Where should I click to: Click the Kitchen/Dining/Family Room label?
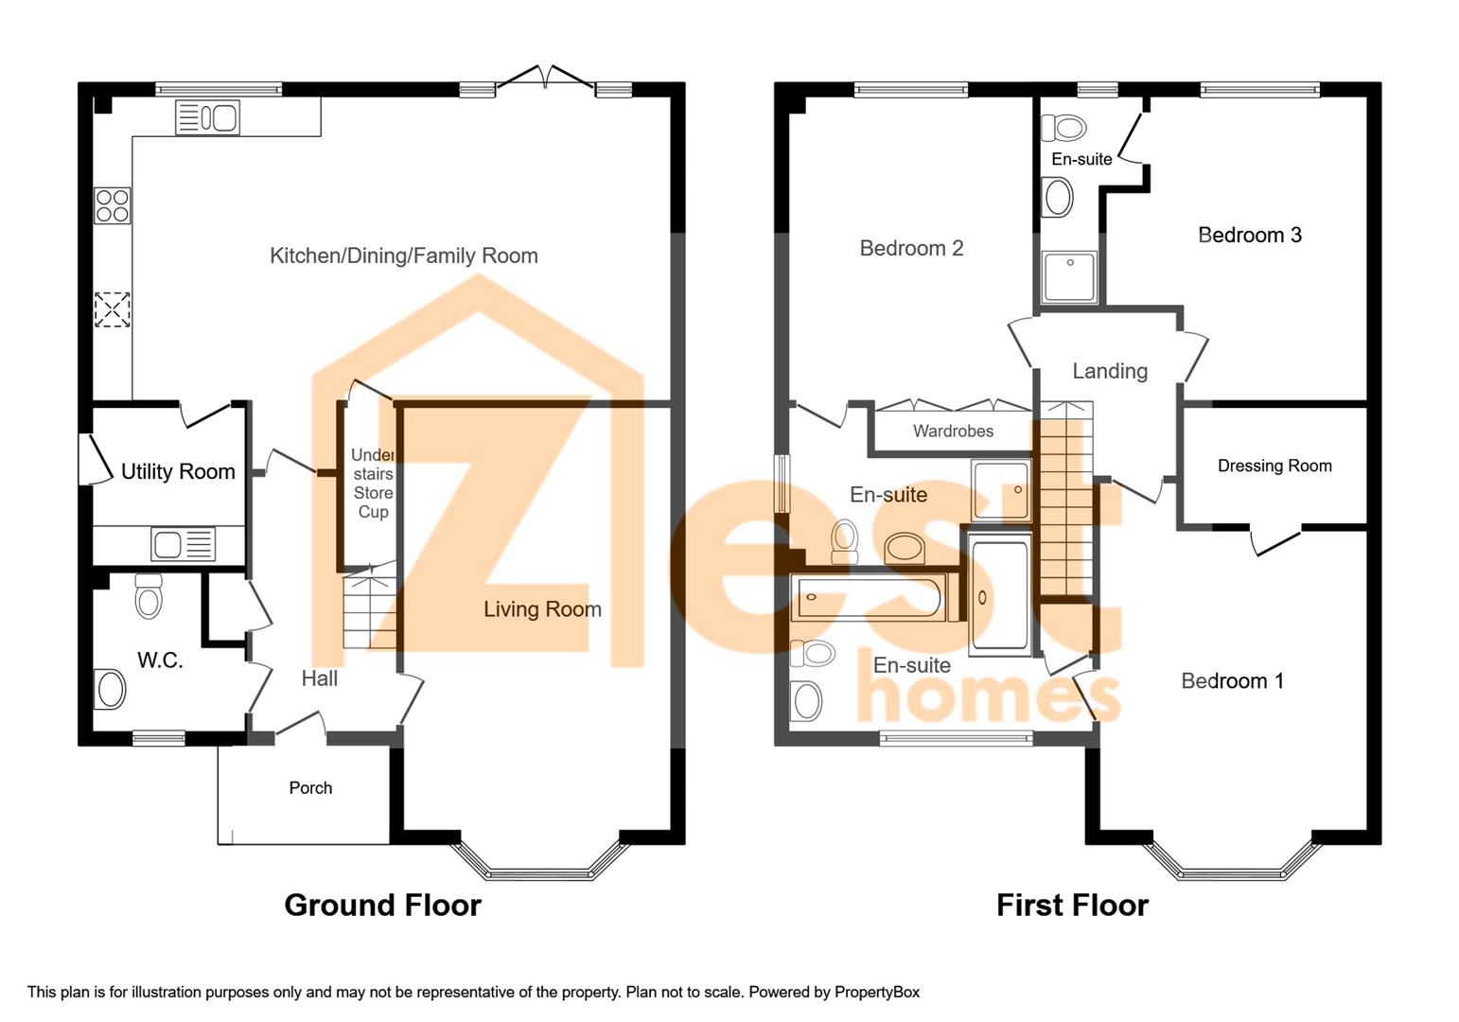tap(404, 255)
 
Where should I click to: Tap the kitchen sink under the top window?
tap(208, 118)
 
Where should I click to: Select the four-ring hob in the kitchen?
tap(112, 205)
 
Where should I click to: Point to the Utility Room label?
tap(178, 471)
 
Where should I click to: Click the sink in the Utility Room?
tap(183, 544)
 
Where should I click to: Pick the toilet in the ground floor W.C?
tap(149, 596)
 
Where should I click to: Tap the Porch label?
tap(310, 787)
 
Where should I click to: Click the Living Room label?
tap(542, 608)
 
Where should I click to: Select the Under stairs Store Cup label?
tap(373, 484)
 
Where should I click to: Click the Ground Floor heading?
tap(382, 905)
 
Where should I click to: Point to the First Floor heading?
tap(1072, 905)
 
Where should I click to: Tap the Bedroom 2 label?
tap(911, 248)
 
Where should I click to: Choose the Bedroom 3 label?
tap(1249, 235)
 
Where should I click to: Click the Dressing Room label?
tap(1274, 466)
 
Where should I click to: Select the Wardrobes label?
tap(953, 431)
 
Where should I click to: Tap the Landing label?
tap(1110, 371)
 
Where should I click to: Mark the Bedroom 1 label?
tap(1232, 680)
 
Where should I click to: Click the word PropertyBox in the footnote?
tap(876, 992)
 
